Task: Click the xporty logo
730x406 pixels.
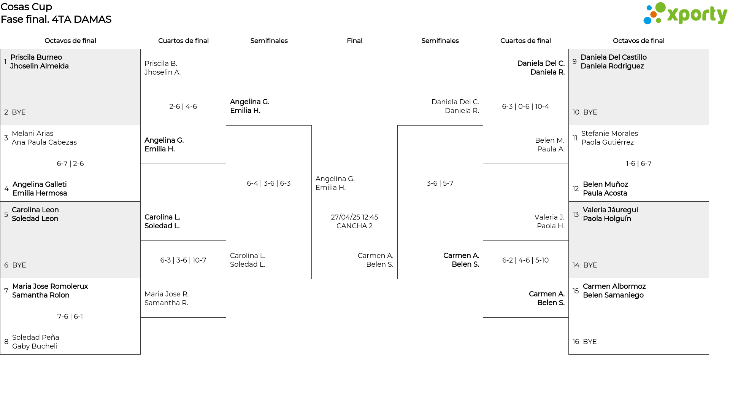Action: pos(685,14)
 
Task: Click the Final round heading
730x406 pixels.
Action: pos(354,41)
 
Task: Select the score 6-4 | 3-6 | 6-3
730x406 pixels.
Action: pos(269,183)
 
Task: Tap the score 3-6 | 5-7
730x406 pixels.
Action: pos(440,183)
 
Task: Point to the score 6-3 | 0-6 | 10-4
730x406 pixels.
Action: pos(525,107)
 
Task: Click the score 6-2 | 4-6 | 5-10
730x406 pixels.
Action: pos(525,260)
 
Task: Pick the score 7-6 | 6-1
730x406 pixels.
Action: pos(70,317)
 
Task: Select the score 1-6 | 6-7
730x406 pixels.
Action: pos(639,164)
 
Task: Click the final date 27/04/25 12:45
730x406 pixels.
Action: pos(354,217)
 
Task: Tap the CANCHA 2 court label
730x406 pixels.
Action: pos(354,226)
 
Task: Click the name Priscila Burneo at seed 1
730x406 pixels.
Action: pos(36,57)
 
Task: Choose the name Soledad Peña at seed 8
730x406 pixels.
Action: pos(36,338)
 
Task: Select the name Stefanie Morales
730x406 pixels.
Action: pos(609,134)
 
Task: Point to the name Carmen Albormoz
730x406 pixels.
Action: pos(614,287)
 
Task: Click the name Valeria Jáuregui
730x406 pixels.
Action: pos(610,210)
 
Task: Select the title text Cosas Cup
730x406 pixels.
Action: pos(26,7)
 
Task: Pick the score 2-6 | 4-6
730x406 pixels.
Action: pos(183,107)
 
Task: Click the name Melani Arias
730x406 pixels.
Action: pos(32,134)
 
